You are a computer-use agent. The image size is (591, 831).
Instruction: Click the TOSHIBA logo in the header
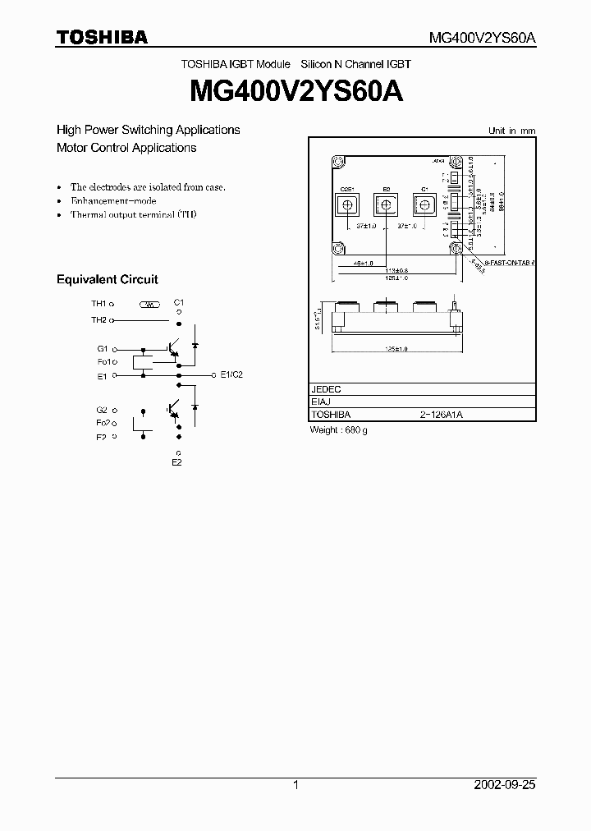(102, 37)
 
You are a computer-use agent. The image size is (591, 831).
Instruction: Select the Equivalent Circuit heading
(107, 280)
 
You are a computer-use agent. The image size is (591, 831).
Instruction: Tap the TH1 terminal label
(98, 304)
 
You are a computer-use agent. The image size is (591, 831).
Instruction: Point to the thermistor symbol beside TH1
(149, 305)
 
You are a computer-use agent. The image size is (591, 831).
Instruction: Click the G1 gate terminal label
(102, 349)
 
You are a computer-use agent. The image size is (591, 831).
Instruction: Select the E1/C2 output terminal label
(231, 374)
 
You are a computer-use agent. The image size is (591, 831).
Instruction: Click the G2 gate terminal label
(102, 409)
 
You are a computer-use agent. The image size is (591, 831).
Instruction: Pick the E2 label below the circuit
(176, 463)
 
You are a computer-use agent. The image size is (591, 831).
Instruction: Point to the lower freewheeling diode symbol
(195, 406)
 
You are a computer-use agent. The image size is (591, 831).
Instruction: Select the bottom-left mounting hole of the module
(337, 248)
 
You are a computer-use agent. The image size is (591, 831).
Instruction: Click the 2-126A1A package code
(442, 415)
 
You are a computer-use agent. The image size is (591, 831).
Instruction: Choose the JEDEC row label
(326, 389)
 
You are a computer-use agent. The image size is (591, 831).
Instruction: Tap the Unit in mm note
(511, 131)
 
